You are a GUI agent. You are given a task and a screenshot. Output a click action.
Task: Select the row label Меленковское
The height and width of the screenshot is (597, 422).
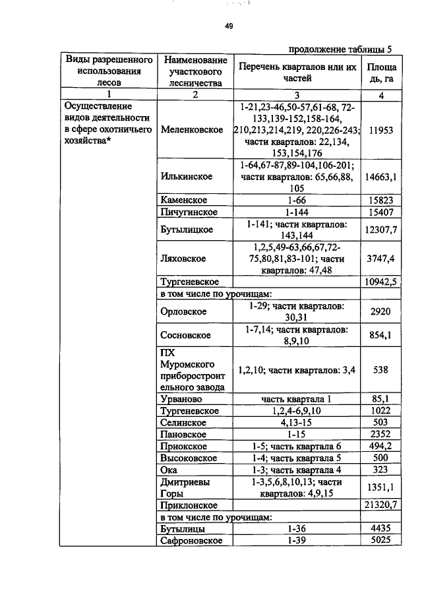[192, 129]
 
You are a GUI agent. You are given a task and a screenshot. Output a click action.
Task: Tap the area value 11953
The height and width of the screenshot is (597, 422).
[381, 130]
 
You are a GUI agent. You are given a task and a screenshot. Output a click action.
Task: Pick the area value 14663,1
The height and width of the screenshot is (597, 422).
[381, 177]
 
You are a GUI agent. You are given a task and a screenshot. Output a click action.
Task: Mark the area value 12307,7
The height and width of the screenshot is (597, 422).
[381, 229]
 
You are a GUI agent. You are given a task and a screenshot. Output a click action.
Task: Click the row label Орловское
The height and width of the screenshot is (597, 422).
[184, 311]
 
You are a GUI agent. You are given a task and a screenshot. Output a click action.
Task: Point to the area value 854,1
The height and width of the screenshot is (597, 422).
[381, 335]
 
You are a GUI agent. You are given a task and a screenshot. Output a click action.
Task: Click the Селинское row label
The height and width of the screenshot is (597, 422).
[184, 422]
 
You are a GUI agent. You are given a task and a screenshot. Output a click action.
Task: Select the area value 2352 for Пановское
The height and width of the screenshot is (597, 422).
[381, 434]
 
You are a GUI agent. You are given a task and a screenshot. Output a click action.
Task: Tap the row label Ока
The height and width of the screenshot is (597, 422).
[169, 470]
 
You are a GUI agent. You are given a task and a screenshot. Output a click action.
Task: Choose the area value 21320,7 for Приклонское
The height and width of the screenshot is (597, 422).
[381, 505]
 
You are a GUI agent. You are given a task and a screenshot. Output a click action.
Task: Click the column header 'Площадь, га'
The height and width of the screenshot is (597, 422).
[381, 73]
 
